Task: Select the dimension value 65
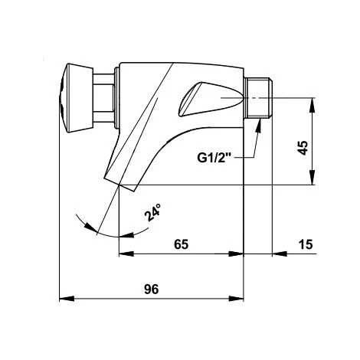click(x=182, y=244)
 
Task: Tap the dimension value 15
click(x=306, y=244)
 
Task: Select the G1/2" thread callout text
click(x=214, y=159)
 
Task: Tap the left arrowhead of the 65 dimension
click(x=123, y=255)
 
